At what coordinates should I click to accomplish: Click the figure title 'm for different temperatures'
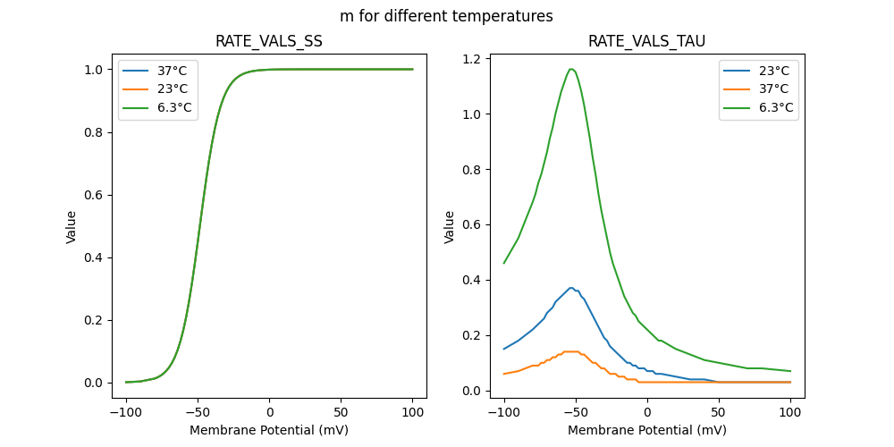446,16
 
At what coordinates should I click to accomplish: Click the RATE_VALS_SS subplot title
269,41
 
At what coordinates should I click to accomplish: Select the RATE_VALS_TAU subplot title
646,41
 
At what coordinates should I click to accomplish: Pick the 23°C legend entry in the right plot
774,70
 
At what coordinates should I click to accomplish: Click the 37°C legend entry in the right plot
774,89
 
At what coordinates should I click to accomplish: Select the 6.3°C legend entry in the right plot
777,107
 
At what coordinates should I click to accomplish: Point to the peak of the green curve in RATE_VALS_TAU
570,69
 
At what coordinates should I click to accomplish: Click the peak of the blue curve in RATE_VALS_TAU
570,288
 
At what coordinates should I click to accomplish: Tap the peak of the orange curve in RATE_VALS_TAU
570,351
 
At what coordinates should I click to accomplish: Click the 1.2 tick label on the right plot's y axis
471,59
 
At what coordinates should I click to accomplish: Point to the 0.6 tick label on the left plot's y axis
93,195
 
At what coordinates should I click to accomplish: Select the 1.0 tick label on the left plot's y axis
93,70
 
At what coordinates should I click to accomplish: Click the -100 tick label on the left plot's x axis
126,412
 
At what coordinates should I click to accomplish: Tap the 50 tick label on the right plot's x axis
719,412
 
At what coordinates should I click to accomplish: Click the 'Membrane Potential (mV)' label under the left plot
269,430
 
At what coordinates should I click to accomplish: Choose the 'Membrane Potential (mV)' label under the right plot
646,430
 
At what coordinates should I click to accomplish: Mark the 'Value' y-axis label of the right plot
450,226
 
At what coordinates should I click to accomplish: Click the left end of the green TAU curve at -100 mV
504,263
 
